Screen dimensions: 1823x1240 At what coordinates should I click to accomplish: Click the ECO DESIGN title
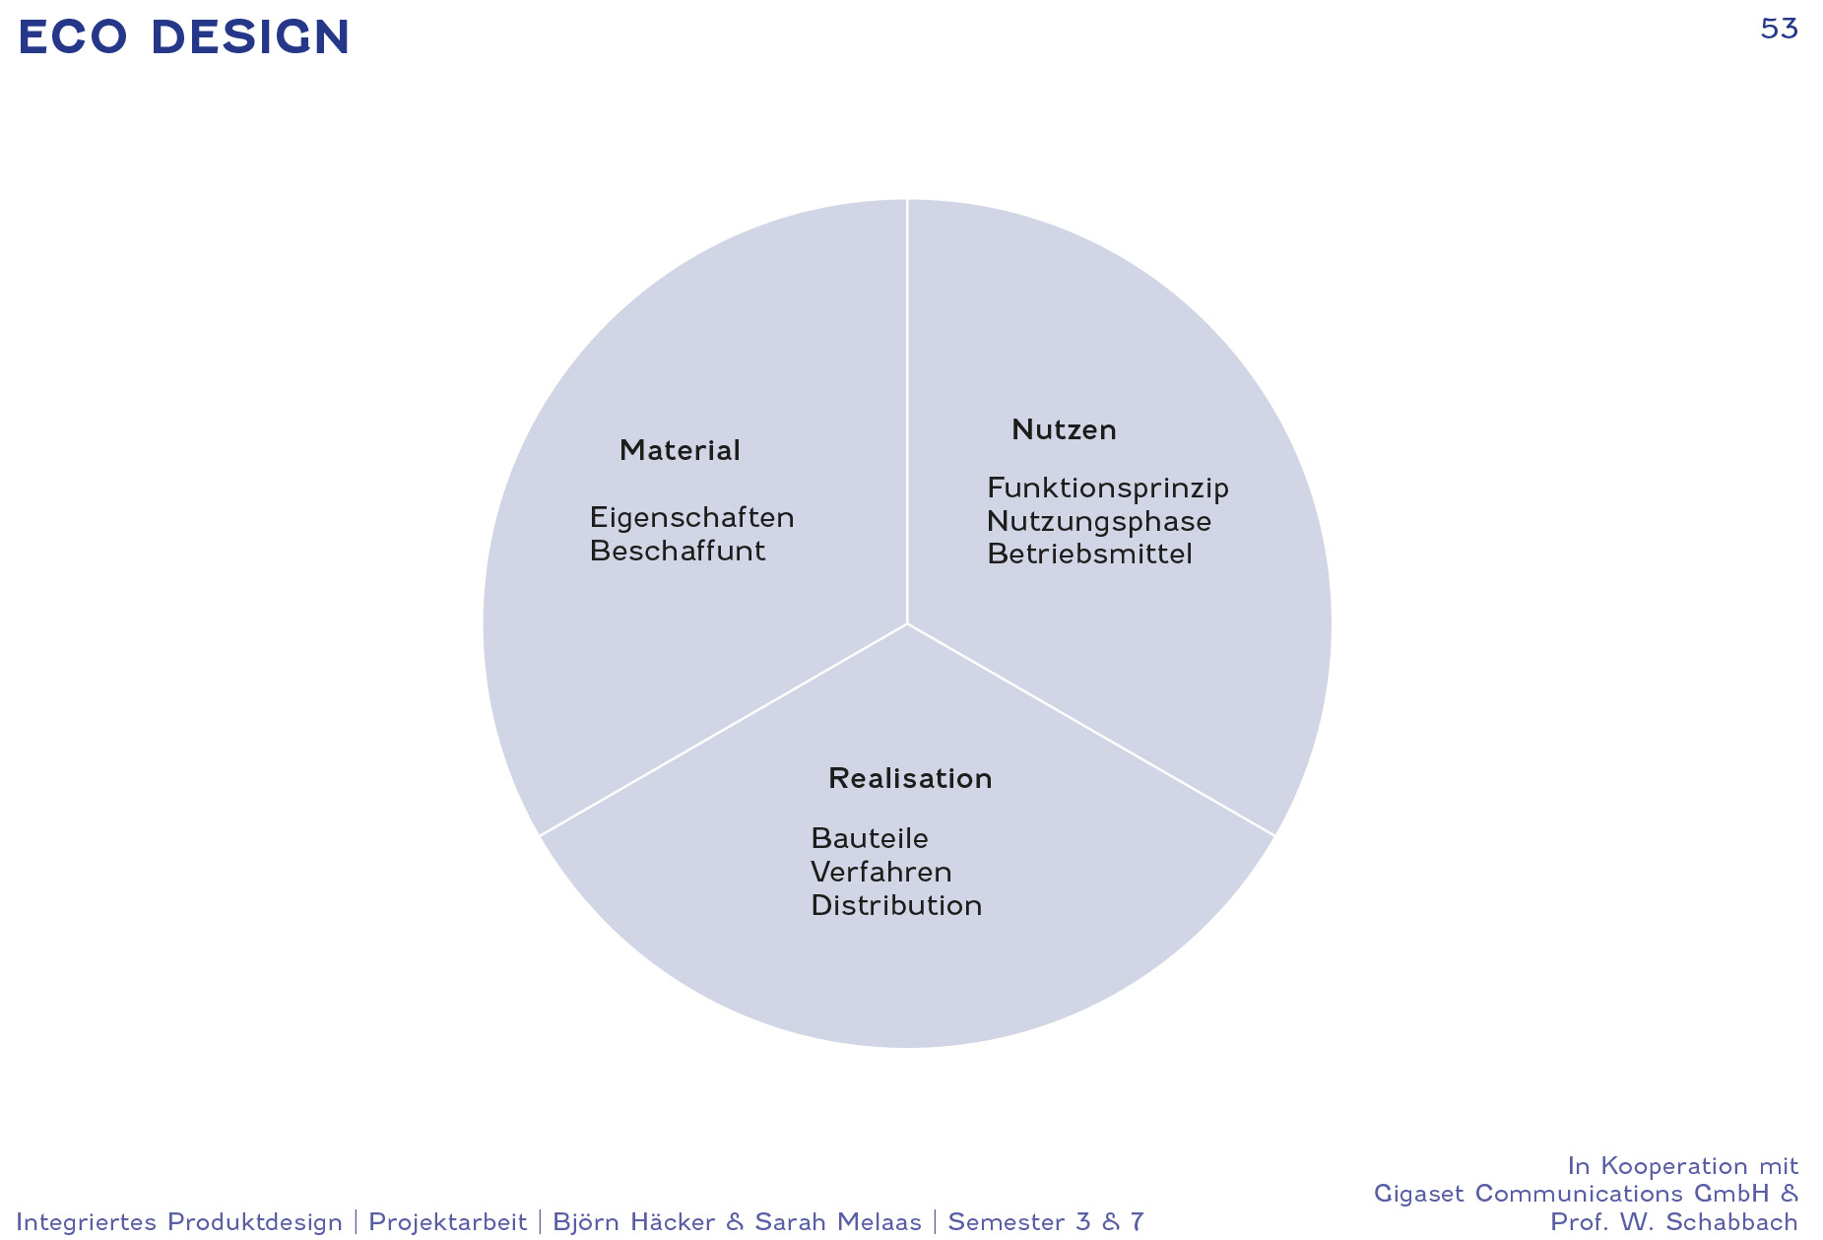pyautogui.click(x=184, y=37)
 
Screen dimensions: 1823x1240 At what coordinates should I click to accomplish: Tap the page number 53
pyautogui.click(x=1779, y=30)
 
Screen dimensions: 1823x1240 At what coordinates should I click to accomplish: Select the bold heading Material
pyautogui.click(x=680, y=450)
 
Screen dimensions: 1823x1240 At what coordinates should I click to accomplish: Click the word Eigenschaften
pyautogui.click(x=691, y=518)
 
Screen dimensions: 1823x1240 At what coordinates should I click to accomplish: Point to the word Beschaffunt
pyautogui.click(x=678, y=551)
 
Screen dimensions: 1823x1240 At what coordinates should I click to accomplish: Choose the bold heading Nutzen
pyautogui.click(x=1064, y=429)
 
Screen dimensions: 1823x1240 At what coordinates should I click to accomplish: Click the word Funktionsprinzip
pyautogui.click(x=1108, y=489)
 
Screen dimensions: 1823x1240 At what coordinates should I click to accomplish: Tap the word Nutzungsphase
pyautogui.click(x=1099, y=522)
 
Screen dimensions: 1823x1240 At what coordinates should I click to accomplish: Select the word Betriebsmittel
pyautogui.click(x=1089, y=554)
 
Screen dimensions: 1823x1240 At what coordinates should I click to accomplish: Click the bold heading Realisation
pyautogui.click(x=910, y=778)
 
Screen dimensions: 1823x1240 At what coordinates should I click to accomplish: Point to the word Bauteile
pyautogui.click(x=870, y=838)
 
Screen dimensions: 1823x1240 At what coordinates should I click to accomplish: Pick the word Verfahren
pyautogui.click(x=881, y=872)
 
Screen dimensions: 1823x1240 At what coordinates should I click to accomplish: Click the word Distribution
pyautogui.click(x=896, y=905)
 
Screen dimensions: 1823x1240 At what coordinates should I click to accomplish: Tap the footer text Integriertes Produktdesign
pyautogui.click(x=179, y=1222)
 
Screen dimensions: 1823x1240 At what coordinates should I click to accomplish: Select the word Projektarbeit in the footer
pyautogui.click(x=448, y=1222)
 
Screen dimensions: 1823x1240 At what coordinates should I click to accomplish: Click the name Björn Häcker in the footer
pyautogui.click(x=634, y=1222)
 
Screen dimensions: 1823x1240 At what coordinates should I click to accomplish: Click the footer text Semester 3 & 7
pyautogui.click(x=1046, y=1222)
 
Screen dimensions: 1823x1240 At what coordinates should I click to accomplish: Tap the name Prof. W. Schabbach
pyautogui.click(x=1674, y=1222)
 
